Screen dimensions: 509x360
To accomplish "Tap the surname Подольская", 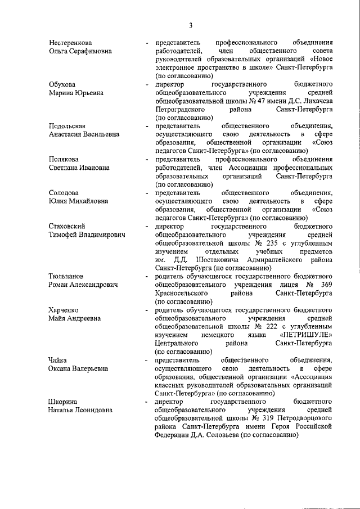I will click(x=69, y=125).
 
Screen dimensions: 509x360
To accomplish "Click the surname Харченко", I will click(x=64, y=310).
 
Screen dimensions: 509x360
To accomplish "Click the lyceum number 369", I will click(x=326, y=285).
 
